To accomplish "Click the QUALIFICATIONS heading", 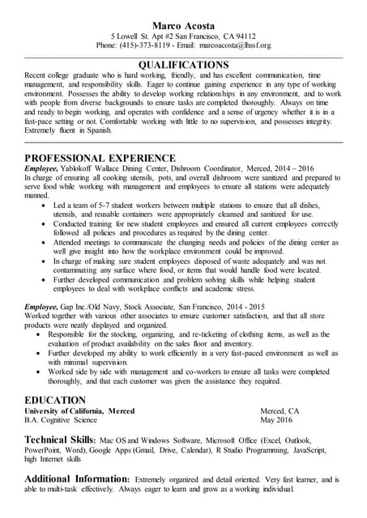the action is [183, 64].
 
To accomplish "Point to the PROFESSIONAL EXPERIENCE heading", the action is [99, 158].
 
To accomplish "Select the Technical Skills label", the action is [61, 439].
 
